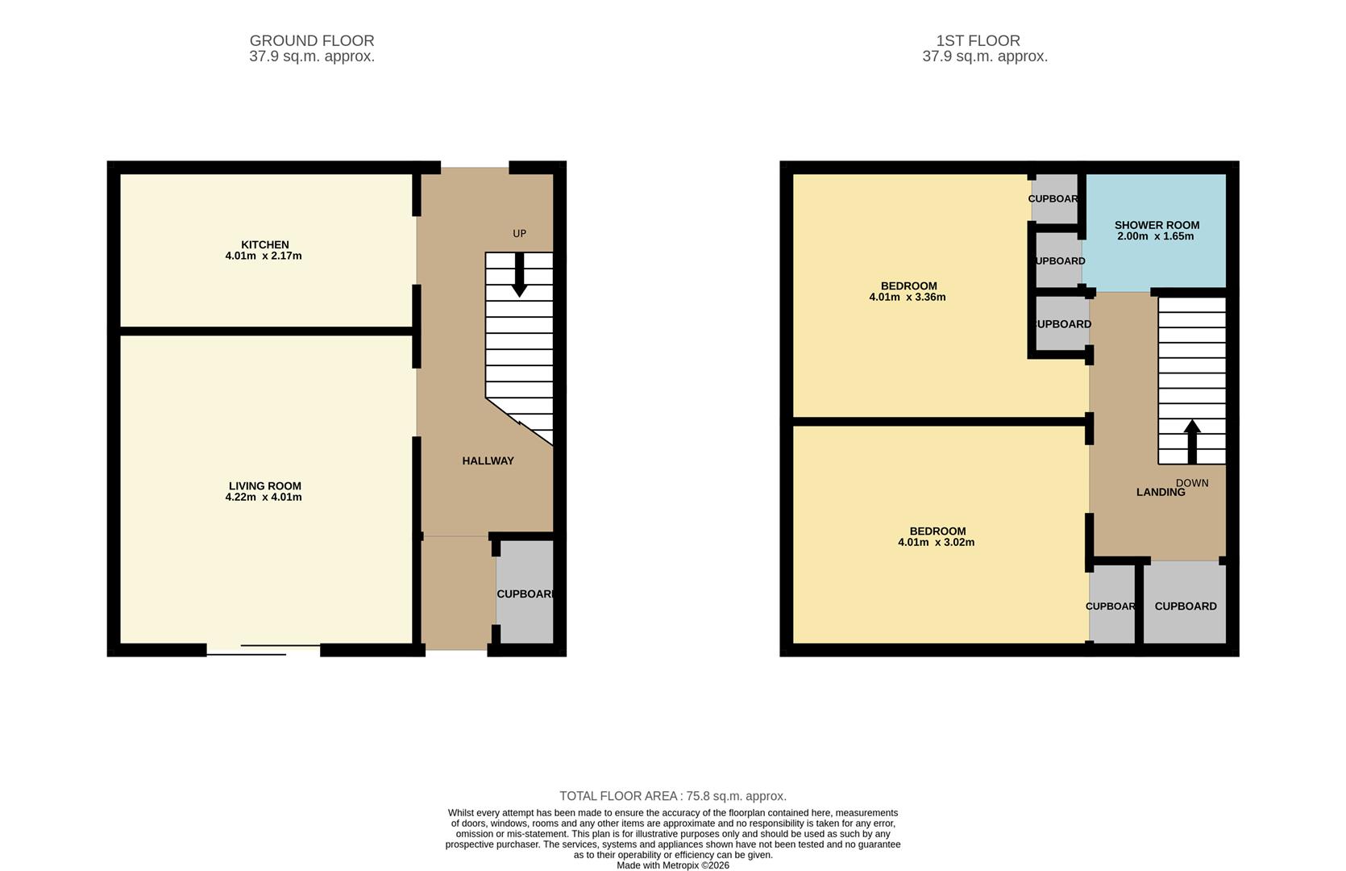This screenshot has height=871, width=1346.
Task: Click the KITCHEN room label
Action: [x=264, y=244]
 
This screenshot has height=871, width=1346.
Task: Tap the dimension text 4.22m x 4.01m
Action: [x=264, y=498]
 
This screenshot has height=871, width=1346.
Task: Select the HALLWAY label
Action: [x=488, y=461]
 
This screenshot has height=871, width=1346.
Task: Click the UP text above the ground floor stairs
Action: [x=519, y=233]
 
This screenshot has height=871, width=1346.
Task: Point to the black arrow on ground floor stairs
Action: [x=519, y=275]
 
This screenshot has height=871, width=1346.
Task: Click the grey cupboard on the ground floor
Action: [x=525, y=593]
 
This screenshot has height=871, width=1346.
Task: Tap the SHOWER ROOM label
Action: [x=1157, y=225]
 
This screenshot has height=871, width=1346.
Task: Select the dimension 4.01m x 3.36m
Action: [x=907, y=297]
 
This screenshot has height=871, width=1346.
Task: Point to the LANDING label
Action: [x=1160, y=492]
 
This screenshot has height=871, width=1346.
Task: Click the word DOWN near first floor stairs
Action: [x=1192, y=482]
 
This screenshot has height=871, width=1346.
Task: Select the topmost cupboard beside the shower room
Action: [x=1054, y=198]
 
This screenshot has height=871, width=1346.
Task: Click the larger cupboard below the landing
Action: [x=1185, y=606]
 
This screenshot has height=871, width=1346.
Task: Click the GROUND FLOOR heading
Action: [x=312, y=40]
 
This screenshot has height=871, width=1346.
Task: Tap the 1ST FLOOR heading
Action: [x=978, y=40]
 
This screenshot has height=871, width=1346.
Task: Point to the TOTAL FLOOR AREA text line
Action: [x=672, y=796]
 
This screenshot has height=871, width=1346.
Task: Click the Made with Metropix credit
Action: [x=672, y=865]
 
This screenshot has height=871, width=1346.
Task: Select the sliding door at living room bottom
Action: [x=264, y=650]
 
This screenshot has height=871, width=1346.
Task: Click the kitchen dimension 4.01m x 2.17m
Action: [x=264, y=256]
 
